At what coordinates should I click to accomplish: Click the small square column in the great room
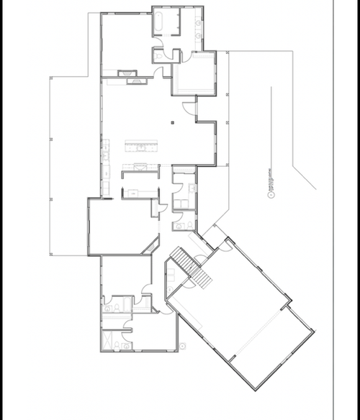tap(173, 124)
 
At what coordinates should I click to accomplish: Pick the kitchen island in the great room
tap(141, 147)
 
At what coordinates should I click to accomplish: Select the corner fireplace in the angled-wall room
tap(150, 247)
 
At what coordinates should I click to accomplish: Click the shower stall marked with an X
tap(109, 338)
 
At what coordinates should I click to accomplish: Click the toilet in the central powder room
tap(177, 226)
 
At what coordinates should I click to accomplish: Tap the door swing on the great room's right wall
tap(189, 108)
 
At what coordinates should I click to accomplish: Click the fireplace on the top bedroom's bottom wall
tap(126, 73)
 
